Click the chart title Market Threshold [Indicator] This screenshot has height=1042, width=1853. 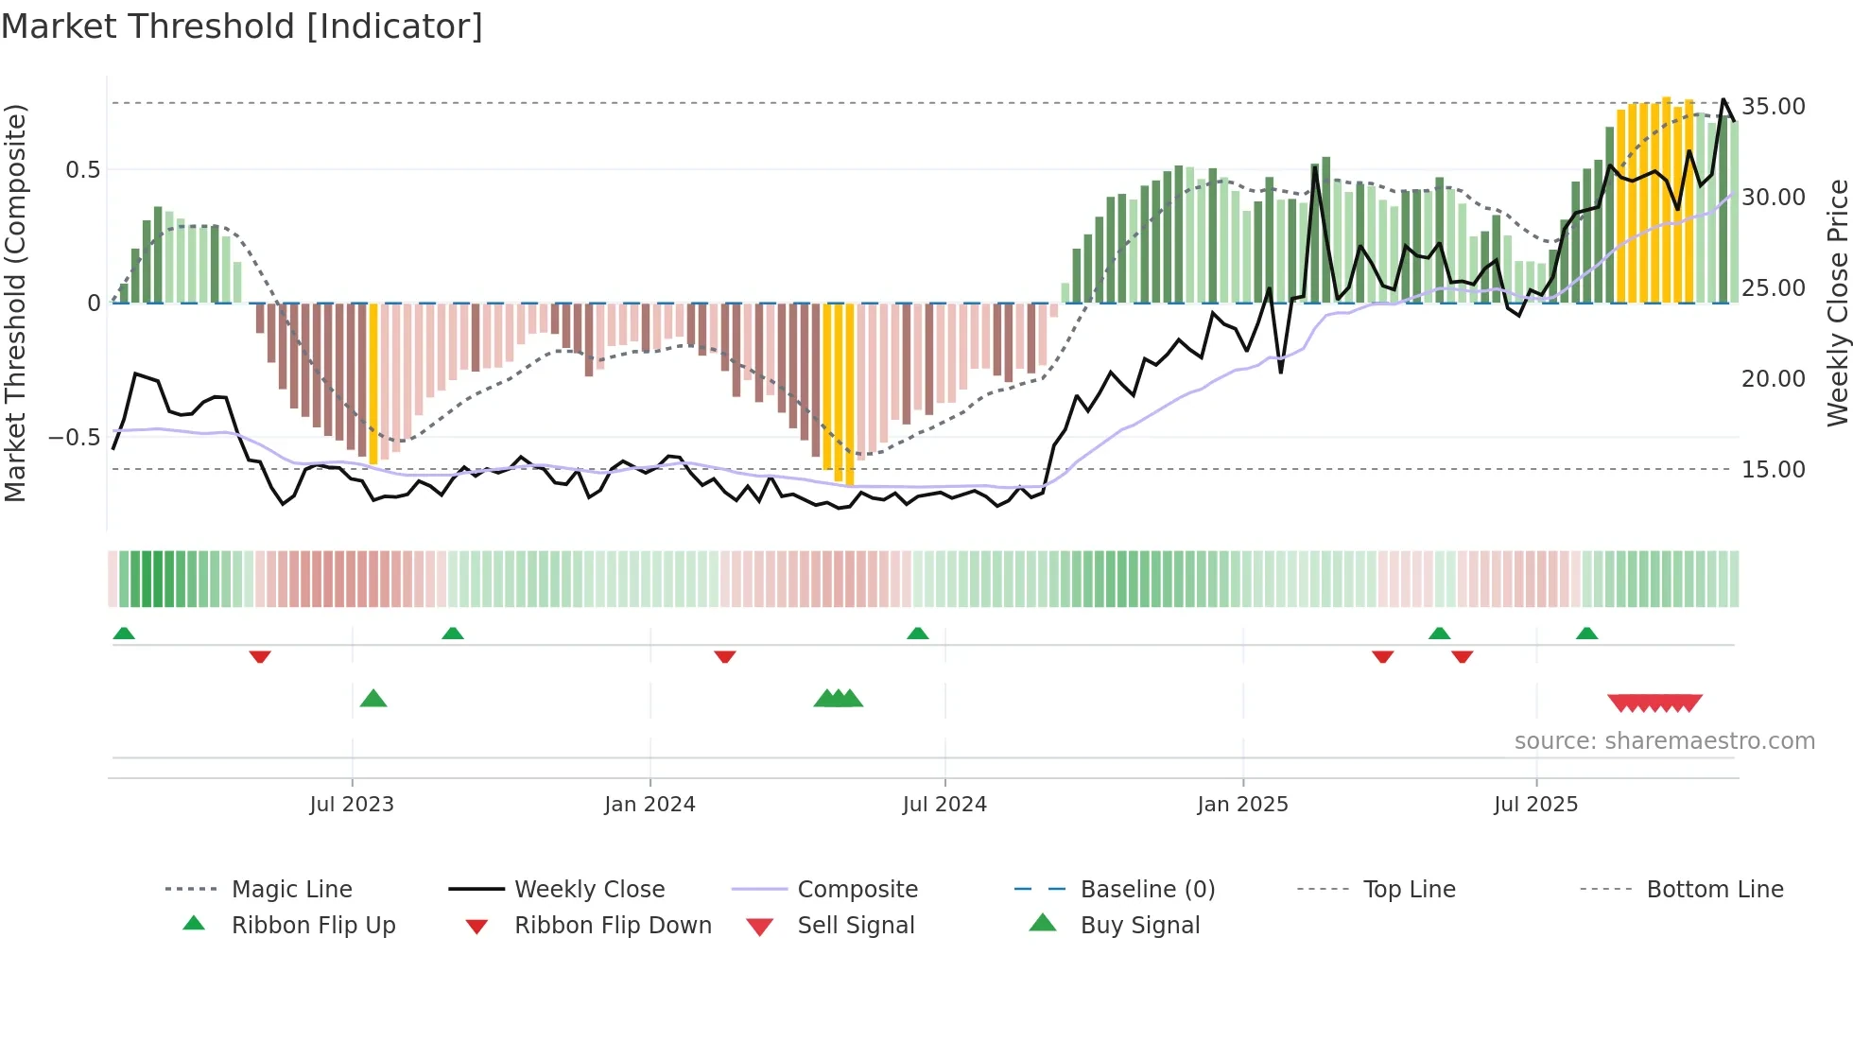click(x=242, y=26)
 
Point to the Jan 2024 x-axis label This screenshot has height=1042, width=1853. click(x=649, y=804)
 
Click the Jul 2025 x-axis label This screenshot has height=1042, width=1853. click(x=1535, y=804)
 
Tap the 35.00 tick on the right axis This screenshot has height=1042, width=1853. click(x=1773, y=106)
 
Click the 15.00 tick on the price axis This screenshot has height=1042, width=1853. click(x=1773, y=469)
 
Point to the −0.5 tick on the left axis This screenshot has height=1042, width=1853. click(x=74, y=437)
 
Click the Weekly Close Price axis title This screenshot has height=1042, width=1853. click(x=1837, y=303)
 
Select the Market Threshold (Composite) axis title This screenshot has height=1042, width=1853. click(x=15, y=303)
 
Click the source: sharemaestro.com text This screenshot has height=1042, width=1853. click(x=1664, y=740)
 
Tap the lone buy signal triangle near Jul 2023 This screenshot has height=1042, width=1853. click(x=373, y=699)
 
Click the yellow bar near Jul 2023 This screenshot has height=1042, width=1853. click(x=373, y=383)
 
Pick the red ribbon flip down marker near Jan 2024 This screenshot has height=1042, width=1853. click(x=725, y=656)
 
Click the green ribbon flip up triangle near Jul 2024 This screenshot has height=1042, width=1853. click(x=917, y=634)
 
